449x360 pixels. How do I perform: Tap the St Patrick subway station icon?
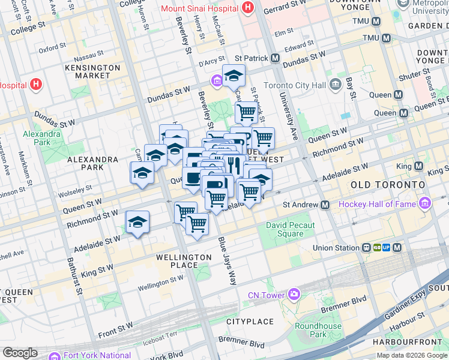pyautogui.click(x=275, y=58)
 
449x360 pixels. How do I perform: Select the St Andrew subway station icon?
pyautogui.click(x=325, y=205)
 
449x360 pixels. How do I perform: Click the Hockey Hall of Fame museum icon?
pyautogui.click(x=426, y=204)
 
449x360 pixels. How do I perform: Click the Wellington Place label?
pyautogui.click(x=184, y=262)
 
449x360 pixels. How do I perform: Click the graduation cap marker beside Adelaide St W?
pyautogui.click(x=137, y=222)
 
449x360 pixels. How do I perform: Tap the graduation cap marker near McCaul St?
pyautogui.click(x=234, y=76)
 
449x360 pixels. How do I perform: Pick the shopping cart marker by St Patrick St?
pyautogui.click(x=246, y=111)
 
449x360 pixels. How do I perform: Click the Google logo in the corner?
pyautogui.click(x=20, y=352)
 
